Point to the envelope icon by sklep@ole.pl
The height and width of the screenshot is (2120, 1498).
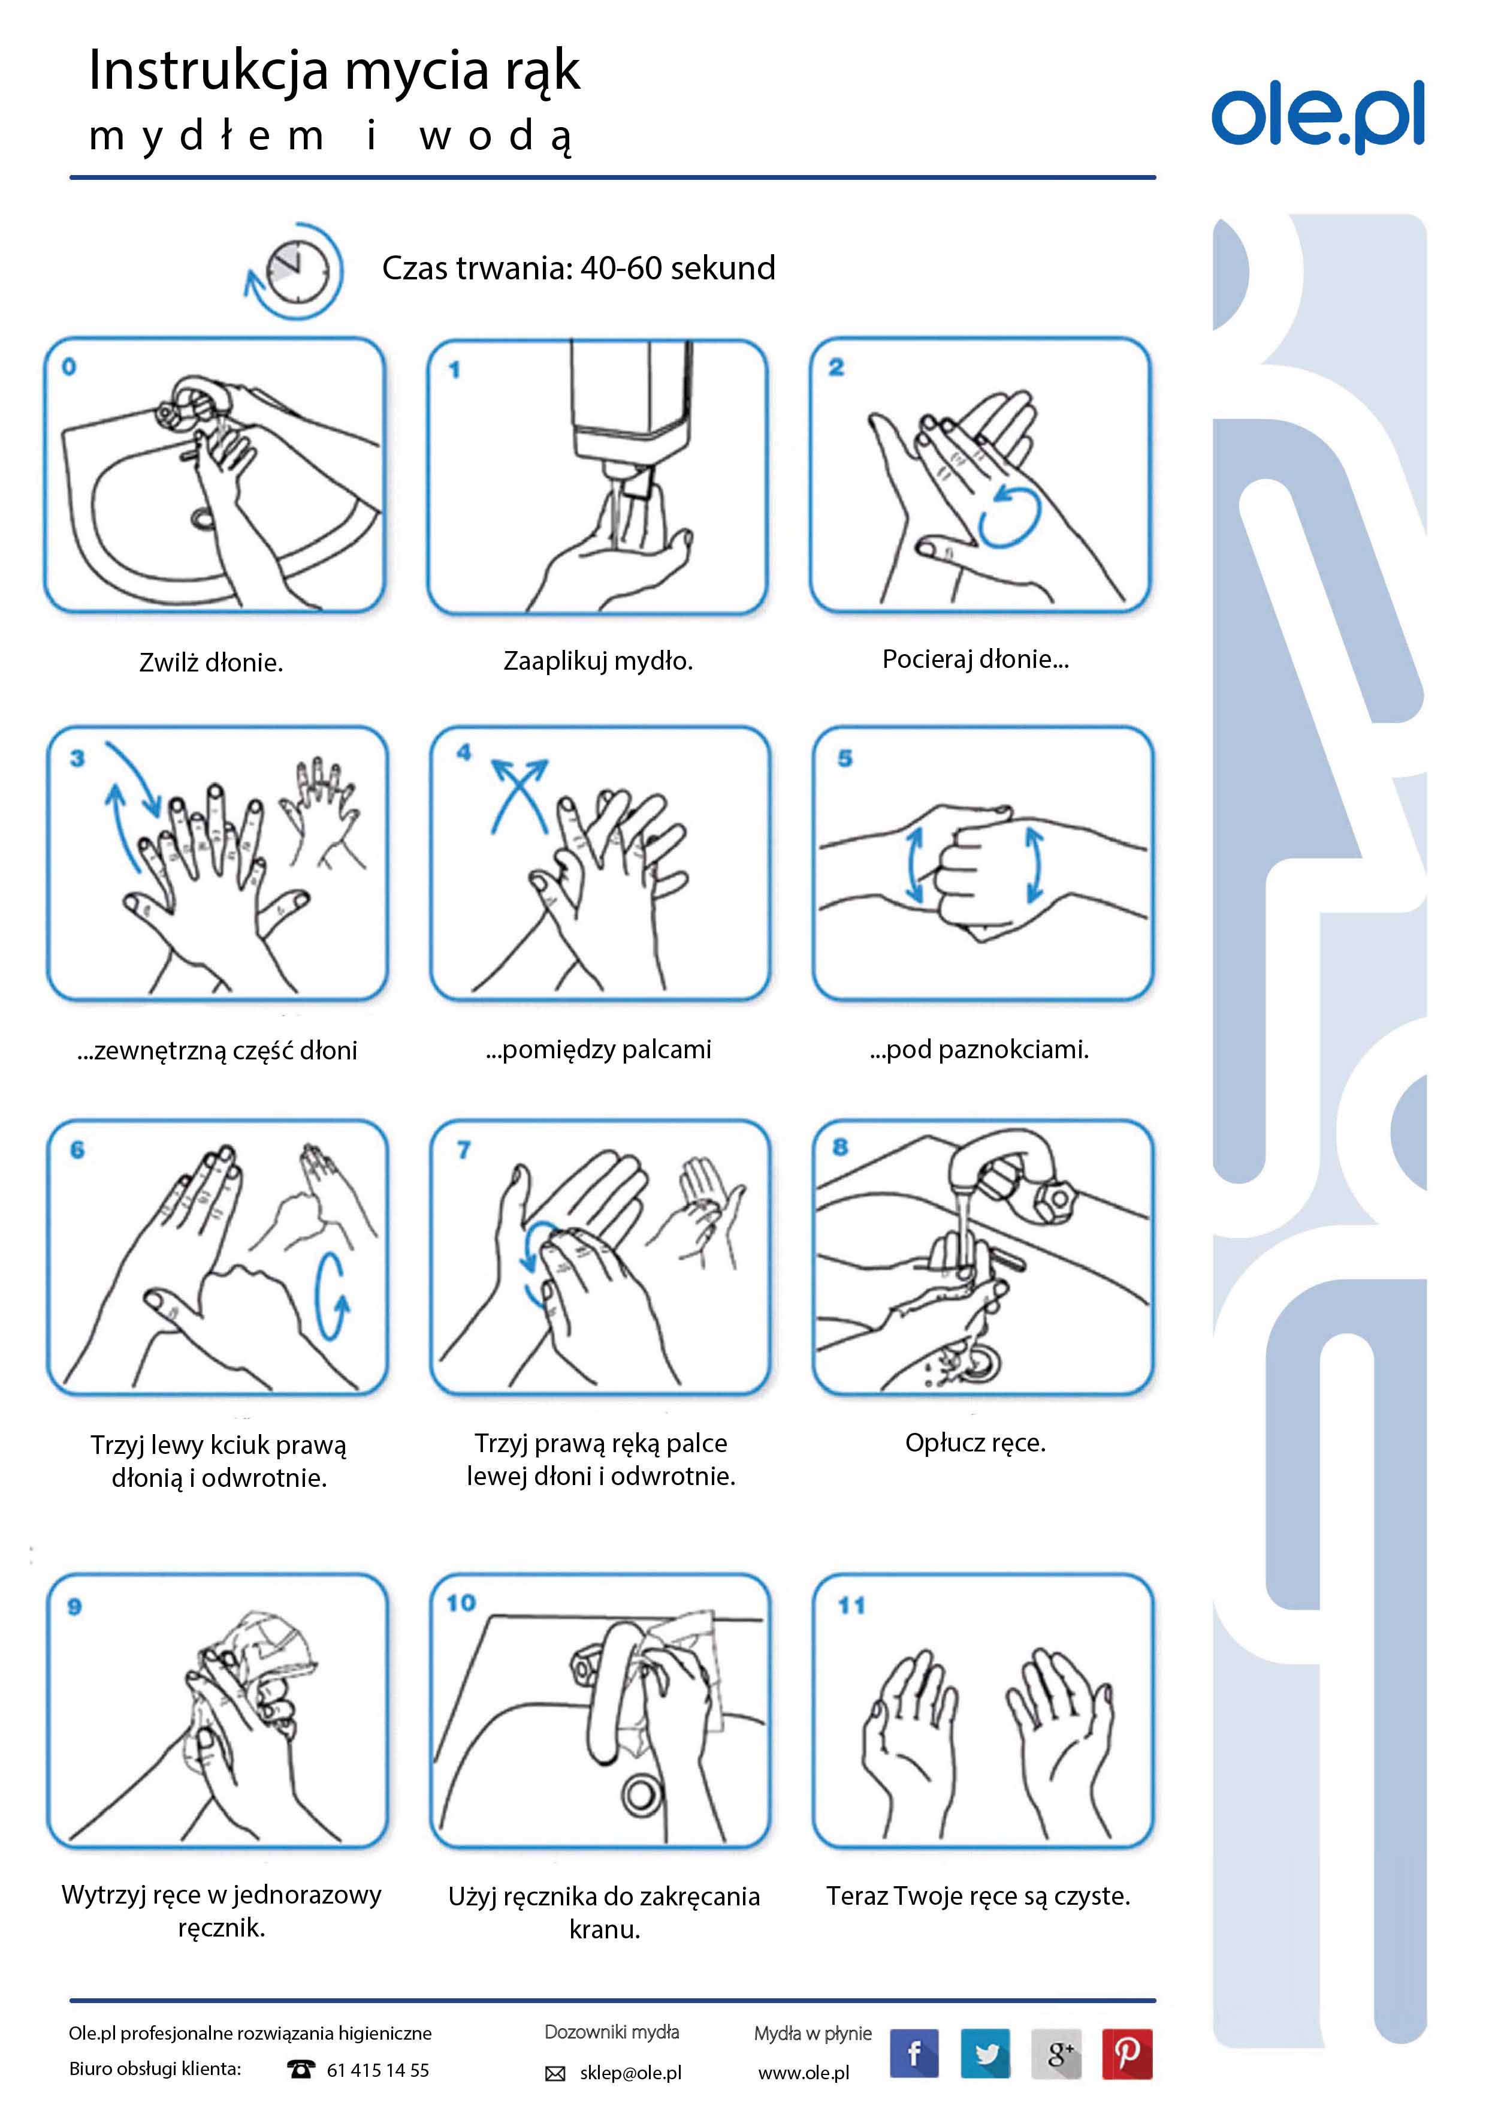555,2074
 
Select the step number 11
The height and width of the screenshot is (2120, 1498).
851,1606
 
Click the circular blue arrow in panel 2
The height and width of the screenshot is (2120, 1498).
1010,518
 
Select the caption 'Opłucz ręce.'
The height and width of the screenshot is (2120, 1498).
975,1443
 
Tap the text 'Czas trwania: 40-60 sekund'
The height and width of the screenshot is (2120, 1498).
579,268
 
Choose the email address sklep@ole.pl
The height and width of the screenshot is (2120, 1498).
630,2073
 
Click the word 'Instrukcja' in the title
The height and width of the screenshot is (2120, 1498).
209,72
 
